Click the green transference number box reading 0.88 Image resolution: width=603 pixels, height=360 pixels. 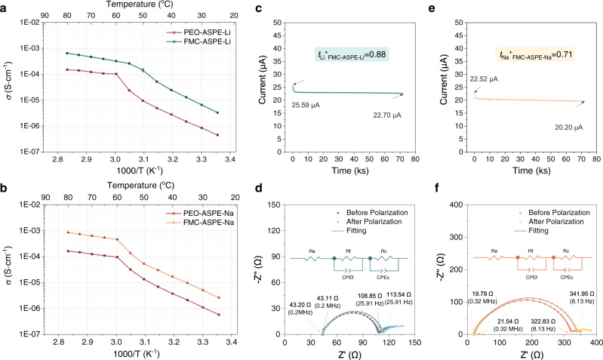pos(354,54)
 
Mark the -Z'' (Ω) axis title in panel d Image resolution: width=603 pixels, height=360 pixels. pos(266,269)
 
